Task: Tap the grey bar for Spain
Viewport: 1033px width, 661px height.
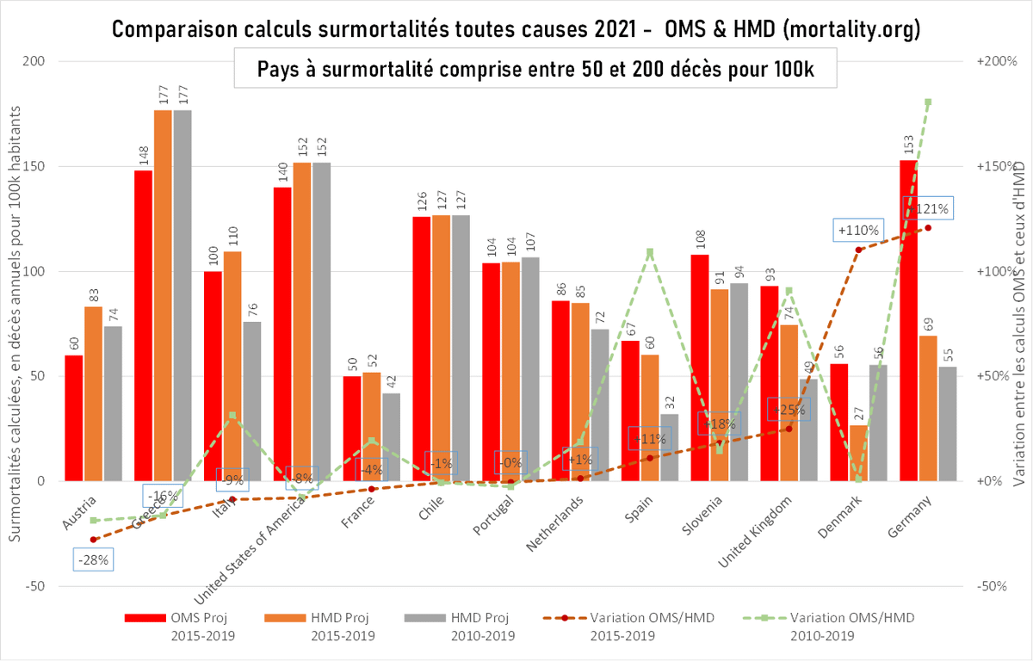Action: click(670, 448)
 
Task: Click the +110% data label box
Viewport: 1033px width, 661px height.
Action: click(858, 230)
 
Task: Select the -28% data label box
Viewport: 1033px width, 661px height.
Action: click(93, 559)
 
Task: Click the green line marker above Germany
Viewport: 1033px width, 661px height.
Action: click(928, 102)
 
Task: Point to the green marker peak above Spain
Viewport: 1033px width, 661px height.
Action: click(650, 252)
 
